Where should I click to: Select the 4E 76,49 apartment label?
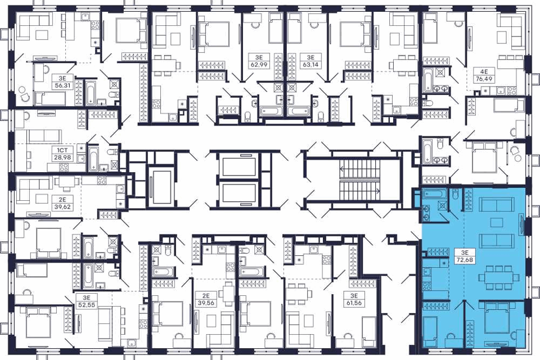[x=484, y=75]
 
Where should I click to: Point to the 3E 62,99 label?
[x=258, y=61]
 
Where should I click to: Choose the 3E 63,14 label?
[x=310, y=61]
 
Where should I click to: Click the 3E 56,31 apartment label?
[x=62, y=82]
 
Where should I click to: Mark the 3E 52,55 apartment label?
[x=86, y=301]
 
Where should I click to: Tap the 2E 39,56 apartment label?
[x=206, y=299]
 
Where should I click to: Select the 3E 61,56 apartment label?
[x=354, y=299]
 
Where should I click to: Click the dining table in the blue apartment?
[x=499, y=276]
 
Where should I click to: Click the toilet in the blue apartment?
[x=455, y=195]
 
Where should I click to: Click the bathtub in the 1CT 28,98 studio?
[x=93, y=159]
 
